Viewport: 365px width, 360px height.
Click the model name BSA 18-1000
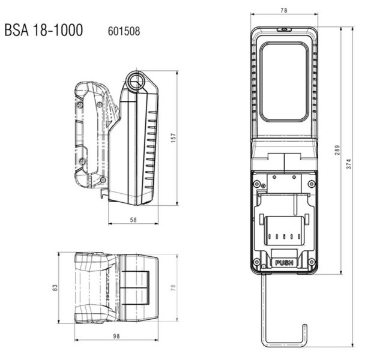coord(43,30)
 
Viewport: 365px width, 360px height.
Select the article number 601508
coord(124,31)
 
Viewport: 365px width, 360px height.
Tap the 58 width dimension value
coord(133,220)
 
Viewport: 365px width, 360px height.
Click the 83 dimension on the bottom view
coord(55,288)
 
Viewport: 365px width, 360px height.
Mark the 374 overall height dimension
coord(349,170)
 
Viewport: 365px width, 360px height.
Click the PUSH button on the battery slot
coord(284,262)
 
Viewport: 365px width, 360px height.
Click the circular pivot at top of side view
coord(136,80)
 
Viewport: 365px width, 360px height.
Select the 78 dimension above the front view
coord(284,10)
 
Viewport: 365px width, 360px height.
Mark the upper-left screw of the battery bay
coord(256,177)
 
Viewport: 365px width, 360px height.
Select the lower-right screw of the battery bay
coord(311,262)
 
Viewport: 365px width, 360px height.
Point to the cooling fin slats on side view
coord(151,150)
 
